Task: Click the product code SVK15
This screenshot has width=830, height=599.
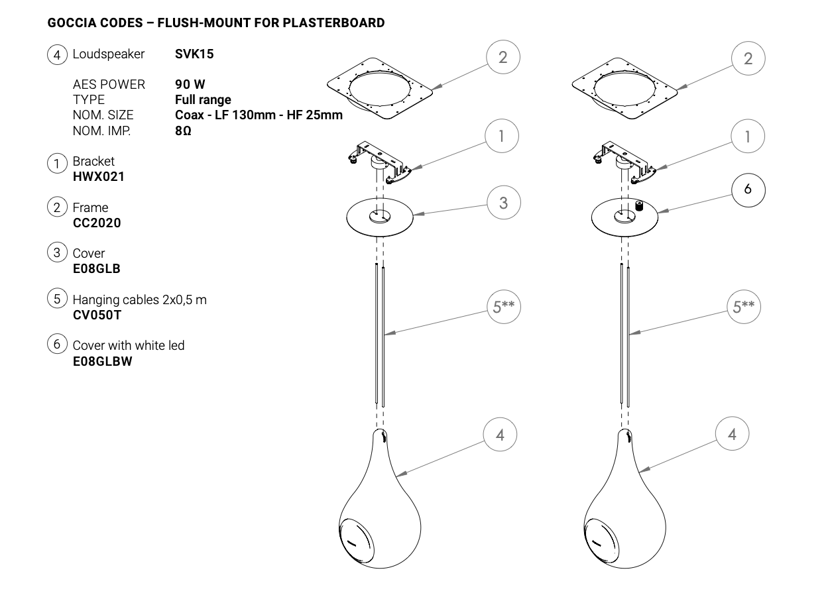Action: click(x=194, y=54)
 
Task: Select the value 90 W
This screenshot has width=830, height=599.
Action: click(x=190, y=85)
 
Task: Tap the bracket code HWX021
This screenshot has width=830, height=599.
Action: click(x=98, y=177)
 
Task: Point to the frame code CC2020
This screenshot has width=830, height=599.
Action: click(x=97, y=223)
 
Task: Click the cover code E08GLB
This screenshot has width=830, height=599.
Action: click(x=96, y=268)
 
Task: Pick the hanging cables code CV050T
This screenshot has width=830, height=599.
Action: click(x=97, y=315)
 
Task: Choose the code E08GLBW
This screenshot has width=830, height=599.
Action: click(x=102, y=361)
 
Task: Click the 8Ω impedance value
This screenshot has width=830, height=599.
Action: click(x=183, y=131)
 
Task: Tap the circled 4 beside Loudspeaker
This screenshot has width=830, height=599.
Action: click(x=58, y=55)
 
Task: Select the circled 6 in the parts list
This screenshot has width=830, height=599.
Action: click(x=58, y=344)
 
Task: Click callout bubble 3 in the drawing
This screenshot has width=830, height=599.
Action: click(x=503, y=203)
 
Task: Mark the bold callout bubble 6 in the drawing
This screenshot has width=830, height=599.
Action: click(x=748, y=190)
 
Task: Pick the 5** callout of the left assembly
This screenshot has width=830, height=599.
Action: click(x=503, y=307)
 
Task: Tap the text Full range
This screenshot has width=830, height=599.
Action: click(x=203, y=100)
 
